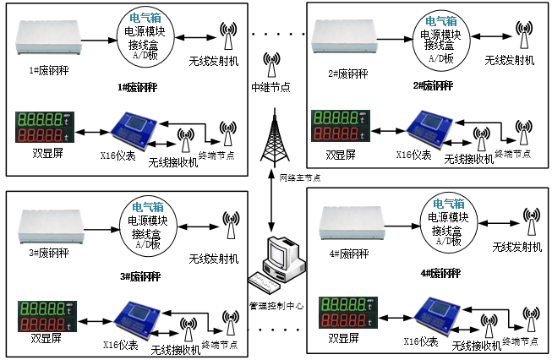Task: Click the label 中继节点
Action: click(271, 87)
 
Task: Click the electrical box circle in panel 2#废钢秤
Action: click(440, 39)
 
